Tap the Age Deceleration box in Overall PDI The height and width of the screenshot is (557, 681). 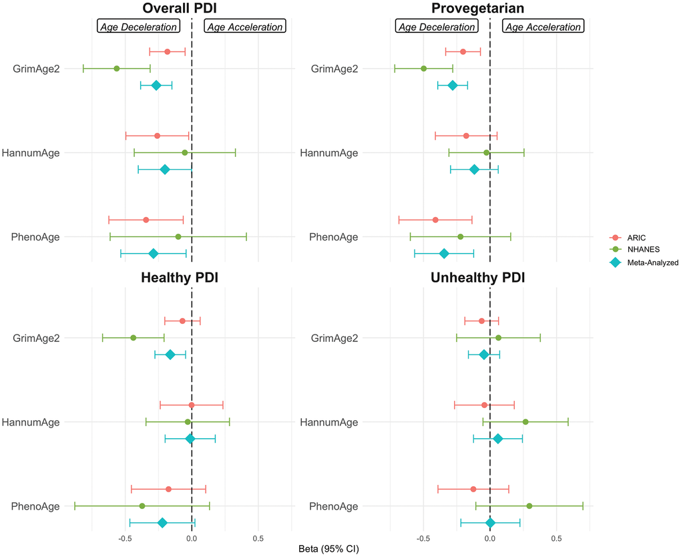(x=139, y=27)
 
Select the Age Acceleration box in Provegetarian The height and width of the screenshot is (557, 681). (x=543, y=27)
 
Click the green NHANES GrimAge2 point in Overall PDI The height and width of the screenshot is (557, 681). (x=117, y=69)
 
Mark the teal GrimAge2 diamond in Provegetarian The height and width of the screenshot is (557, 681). (x=453, y=85)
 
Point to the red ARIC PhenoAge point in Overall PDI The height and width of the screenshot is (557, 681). (x=146, y=220)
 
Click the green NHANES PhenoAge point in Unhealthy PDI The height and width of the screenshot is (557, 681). (x=529, y=506)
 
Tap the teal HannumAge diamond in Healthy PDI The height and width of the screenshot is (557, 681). (x=190, y=439)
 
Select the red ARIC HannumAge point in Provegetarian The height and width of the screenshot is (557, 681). (x=466, y=136)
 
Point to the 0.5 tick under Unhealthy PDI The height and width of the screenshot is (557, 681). (x=557, y=538)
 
